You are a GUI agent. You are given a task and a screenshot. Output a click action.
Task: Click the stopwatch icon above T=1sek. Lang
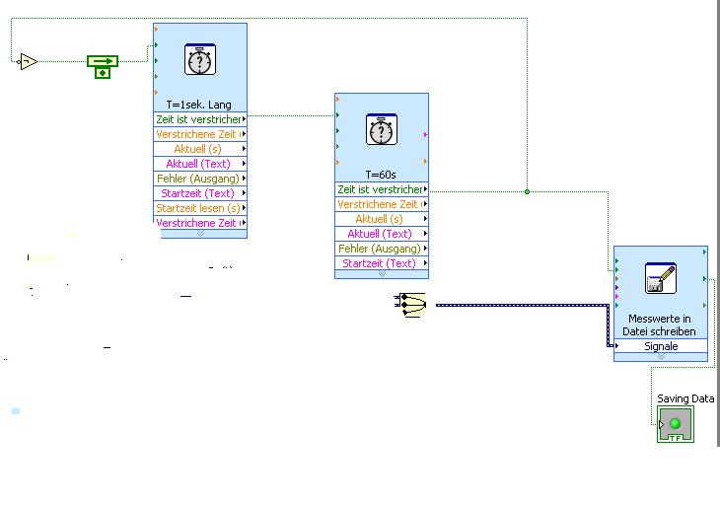pyautogui.click(x=200, y=60)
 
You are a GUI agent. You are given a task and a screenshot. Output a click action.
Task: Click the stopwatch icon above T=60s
pyautogui.click(x=382, y=129)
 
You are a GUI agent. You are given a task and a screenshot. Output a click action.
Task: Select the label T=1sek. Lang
pyautogui.click(x=200, y=104)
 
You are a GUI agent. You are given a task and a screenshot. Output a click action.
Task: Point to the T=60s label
pyautogui.click(x=382, y=174)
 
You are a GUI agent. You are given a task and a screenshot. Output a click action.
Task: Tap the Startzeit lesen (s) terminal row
pyautogui.click(x=198, y=208)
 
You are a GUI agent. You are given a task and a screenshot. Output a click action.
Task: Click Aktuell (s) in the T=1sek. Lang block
pyautogui.click(x=198, y=149)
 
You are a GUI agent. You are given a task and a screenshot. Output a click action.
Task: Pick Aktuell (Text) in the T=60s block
pyautogui.click(x=380, y=234)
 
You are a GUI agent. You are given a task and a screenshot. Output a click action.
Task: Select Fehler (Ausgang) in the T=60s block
pyautogui.click(x=380, y=249)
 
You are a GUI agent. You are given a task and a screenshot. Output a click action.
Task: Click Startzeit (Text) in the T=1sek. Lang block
pyautogui.click(x=198, y=193)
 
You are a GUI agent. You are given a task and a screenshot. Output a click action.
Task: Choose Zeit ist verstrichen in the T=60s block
pyautogui.click(x=380, y=189)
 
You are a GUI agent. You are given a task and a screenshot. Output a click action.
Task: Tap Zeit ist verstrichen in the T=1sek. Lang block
pyautogui.click(x=198, y=119)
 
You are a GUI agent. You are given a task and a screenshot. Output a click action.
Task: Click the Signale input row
pyautogui.click(x=661, y=347)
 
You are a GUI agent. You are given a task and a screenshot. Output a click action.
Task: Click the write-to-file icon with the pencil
pyautogui.click(x=660, y=279)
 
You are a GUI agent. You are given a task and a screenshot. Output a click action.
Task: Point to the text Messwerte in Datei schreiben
pyautogui.click(x=661, y=325)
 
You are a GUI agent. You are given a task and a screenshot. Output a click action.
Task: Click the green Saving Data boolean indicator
pyautogui.click(x=676, y=425)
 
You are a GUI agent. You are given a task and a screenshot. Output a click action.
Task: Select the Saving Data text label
pyautogui.click(x=685, y=398)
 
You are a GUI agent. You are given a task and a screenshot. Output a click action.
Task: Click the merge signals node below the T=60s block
pyautogui.click(x=410, y=306)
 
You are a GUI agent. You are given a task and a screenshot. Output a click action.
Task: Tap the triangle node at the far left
pyautogui.click(x=28, y=62)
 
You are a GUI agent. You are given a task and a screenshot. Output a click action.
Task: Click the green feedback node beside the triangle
pyautogui.click(x=102, y=66)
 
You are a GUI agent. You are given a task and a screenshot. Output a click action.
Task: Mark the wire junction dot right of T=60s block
pyautogui.click(x=527, y=191)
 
